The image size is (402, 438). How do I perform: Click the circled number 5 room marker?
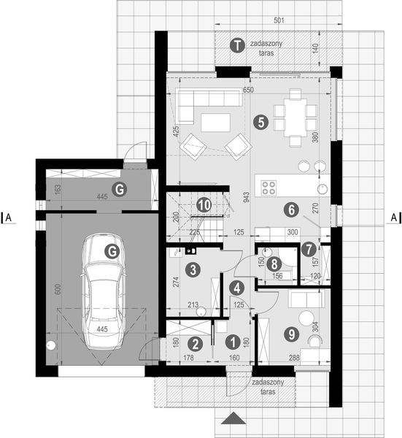[259, 122]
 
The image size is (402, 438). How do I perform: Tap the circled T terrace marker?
[236, 45]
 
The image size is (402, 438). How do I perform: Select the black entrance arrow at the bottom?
[233, 419]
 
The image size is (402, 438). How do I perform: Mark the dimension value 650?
[248, 90]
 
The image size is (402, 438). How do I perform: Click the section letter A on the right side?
[394, 217]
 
